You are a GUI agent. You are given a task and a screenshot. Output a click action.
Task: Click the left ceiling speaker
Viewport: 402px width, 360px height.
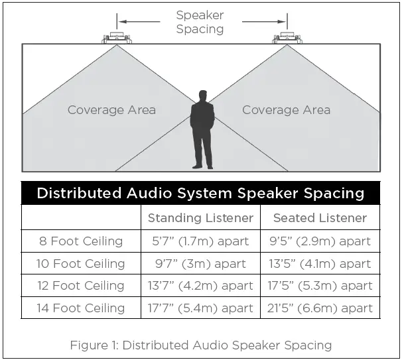(117, 38)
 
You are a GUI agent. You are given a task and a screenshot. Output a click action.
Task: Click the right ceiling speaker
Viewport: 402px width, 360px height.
(287, 38)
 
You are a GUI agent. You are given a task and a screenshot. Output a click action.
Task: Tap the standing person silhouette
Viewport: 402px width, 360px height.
(202, 130)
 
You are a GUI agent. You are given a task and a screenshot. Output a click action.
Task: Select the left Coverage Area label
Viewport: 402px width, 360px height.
(111, 109)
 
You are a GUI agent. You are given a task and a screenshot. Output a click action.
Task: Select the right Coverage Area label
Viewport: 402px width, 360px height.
(286, 109)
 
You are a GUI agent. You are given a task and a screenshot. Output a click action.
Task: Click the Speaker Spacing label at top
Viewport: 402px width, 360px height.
(200, 22)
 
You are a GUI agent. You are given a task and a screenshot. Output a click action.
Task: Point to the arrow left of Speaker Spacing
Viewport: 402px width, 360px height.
(139, 21)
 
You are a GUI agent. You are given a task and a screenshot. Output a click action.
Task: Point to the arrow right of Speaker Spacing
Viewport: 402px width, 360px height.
(265, 21)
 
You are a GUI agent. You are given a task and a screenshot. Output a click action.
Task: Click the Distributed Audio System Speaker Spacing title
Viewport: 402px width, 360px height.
(200, 193)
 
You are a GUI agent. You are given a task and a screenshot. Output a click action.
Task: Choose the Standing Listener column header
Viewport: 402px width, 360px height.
(200, 217)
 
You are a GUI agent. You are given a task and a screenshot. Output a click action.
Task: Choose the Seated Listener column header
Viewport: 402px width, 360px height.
(320, 217)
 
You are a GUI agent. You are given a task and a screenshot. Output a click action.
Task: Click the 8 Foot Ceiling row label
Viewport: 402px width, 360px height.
(81, 241)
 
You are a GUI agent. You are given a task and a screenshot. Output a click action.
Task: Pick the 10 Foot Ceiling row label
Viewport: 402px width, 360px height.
(81, 263)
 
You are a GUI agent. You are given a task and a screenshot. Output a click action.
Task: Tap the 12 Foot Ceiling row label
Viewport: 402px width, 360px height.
(81, 286)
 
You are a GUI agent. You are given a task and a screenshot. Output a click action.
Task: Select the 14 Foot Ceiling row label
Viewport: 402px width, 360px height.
(81, 308)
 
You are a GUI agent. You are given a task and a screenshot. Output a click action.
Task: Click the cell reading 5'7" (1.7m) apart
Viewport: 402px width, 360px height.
(200, 241)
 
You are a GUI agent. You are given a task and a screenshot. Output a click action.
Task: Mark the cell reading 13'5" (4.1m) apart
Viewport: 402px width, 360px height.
(320, 263)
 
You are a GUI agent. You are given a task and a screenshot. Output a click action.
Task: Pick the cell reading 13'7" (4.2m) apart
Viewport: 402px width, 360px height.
(200, 286)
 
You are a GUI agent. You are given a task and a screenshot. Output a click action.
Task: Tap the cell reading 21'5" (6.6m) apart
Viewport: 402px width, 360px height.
(320, 308)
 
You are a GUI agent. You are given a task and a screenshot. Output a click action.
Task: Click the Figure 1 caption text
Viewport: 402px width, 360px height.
(201, 345)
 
